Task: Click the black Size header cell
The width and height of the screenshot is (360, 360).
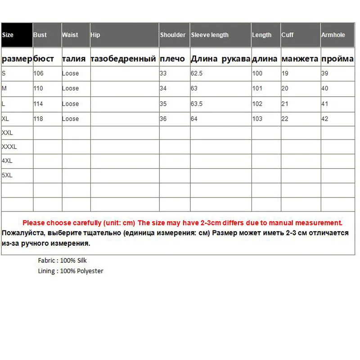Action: tap(17, 35)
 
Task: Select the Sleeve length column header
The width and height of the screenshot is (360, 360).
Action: tap(210, 35)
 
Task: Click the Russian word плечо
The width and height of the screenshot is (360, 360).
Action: tap(172, 59)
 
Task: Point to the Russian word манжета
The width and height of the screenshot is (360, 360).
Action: tap(300, 59)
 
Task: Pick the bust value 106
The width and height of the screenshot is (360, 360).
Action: tap(39, 73)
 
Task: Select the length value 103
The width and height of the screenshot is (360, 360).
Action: tap(257, 119)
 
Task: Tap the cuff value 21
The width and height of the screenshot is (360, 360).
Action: tap(285, 104)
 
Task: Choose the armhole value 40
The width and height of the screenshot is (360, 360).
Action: tap(324, 89)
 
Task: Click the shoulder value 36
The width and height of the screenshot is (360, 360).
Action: tap(163, 119)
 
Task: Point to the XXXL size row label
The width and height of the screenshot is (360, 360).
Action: tap(9, 147)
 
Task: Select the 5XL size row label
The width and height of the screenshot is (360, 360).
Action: tap(7, 175)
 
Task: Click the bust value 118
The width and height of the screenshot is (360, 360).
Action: tap(39, 119)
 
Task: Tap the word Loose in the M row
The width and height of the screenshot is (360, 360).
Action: tap(70, 89)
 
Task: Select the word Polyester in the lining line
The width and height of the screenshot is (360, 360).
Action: tap(90, 271)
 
